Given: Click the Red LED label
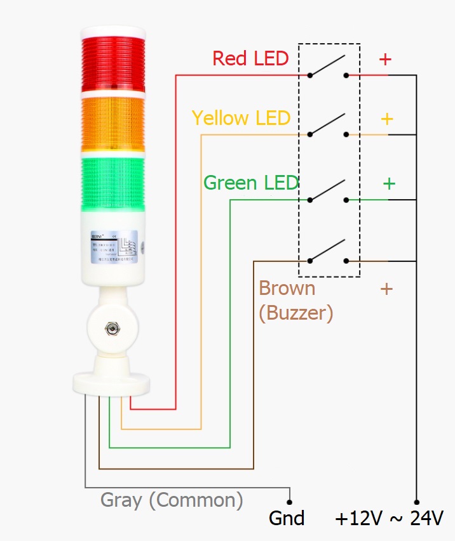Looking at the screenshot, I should click(x=250, y=58).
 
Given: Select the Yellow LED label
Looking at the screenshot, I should click(x=241, y=118).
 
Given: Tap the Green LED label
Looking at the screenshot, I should click(x=251, y=183).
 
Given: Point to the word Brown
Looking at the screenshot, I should click(x=287, y=289).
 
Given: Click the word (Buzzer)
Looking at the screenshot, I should click(x=295, y=312).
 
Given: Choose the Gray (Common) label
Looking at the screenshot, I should click(x=172, y=500).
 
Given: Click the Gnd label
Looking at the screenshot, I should click(x=287, y=518).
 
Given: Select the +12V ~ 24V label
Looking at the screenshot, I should click(x=389, y=518).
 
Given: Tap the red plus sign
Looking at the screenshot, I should click(x=385, y=59).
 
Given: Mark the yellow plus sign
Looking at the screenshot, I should click(x=386, y=119).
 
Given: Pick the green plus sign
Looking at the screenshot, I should click(x=389, y=183).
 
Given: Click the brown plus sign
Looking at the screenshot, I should click(x=386, y=289).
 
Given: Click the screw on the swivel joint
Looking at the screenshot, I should click(x=111, y=329).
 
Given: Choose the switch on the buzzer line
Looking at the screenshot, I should click(x=328, y=252).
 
